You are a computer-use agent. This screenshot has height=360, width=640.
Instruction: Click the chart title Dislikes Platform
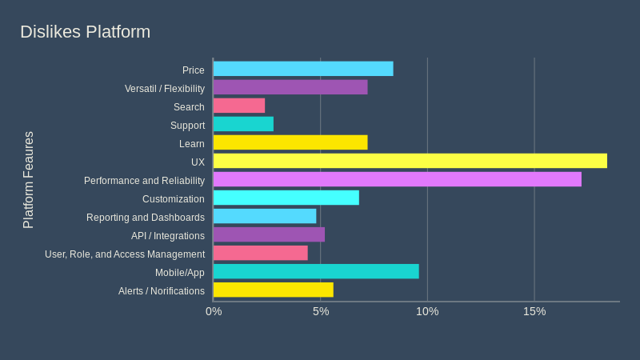click(85, 32)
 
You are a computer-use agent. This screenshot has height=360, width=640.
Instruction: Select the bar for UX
click(410, 161)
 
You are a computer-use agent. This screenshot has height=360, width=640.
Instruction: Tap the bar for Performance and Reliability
click(397, 179)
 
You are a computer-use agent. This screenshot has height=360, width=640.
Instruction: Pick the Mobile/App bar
click(316, 271)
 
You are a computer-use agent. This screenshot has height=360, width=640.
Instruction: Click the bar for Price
click(303, 69)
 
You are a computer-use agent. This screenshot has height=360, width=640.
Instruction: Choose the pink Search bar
click(239, 106)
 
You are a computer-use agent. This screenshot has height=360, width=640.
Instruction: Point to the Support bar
click(243, 124)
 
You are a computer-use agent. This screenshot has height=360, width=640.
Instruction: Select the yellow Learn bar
click(290, 142)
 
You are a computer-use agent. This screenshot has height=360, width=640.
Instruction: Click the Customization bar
click(286, 198)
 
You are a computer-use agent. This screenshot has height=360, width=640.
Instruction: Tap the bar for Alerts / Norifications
click(274, 290)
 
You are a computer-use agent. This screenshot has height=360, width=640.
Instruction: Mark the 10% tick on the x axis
click(427, 311)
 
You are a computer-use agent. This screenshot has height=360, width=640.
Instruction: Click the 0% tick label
click(214, 311)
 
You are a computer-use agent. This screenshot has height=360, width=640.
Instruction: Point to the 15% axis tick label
click(534, 311)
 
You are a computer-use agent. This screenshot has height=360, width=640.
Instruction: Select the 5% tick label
click(321, 311)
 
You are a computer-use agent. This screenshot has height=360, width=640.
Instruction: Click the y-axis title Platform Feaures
click(29, 180)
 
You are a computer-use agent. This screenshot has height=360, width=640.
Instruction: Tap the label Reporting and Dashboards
click(146, 218)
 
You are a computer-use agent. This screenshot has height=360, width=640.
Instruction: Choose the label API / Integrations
click(168, 236)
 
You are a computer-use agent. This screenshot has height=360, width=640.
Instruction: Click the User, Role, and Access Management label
click(125, 254)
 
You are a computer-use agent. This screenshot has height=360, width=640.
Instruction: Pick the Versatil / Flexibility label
click(165, 89)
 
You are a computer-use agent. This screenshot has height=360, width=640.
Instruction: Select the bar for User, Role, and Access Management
click(261, 253)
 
